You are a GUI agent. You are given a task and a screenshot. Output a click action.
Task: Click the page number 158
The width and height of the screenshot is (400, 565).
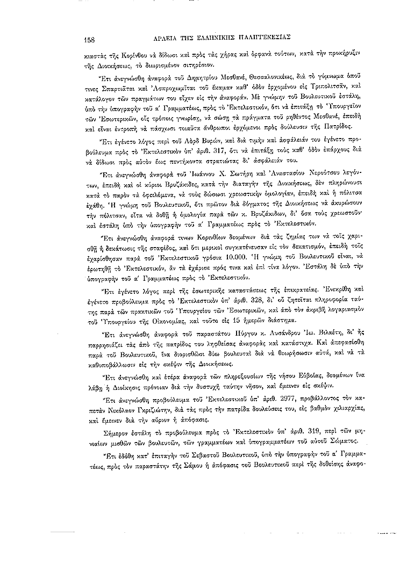point(90,38)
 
